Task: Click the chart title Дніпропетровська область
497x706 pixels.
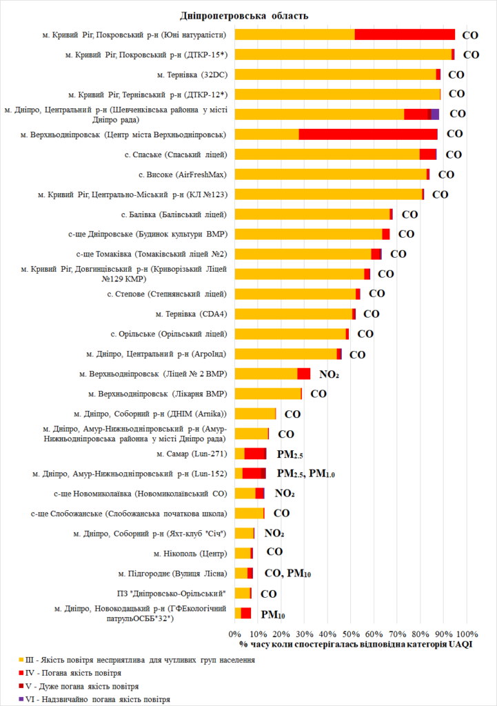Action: coord(244,15)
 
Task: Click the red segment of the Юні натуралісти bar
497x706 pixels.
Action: coord(405,34)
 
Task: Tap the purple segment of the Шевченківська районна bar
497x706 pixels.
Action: coord(435,114)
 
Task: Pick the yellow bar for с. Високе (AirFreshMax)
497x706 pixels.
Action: coord(331,174)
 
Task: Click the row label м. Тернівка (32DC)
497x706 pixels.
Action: coord(192,74)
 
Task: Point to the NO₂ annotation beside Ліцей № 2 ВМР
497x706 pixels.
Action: coord(329,374)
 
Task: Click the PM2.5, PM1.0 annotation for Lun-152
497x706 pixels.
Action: coord(305,474)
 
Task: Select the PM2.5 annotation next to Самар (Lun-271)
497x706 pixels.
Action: coord(290,454)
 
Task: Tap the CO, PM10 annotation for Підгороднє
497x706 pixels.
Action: coord(288,573)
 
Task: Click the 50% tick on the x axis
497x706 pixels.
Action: coord(351,634)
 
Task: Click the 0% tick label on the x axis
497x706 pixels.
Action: coord(235,634)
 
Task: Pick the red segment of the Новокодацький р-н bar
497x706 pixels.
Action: coord(245,613)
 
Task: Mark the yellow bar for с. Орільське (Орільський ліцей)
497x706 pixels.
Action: coord(290,334)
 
